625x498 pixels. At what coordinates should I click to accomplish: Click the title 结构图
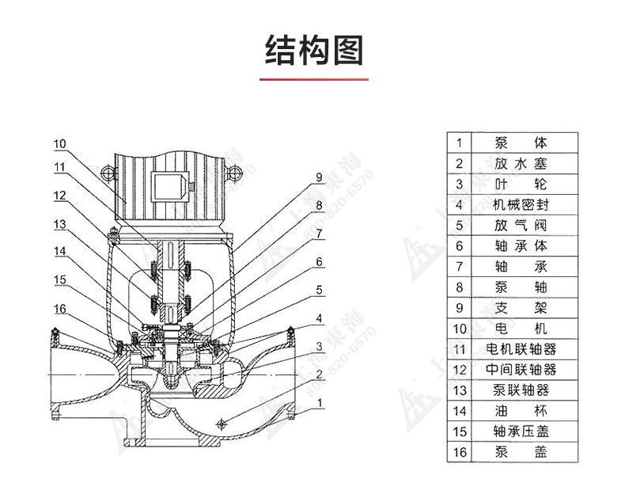[x=314, y=50]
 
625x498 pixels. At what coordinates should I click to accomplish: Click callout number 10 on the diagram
[x=61, y=144]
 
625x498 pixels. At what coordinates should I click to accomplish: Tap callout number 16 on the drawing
[x=61, y=308]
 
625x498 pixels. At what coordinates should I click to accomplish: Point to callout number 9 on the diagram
[x=319, y=177]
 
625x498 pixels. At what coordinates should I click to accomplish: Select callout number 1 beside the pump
[x=319, y=402]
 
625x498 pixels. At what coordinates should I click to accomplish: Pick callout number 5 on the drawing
[x=319, y=291]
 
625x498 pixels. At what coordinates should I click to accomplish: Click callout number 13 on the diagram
[x=61, y=225]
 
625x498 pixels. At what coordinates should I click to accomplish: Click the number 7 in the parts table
[x=458, y=267]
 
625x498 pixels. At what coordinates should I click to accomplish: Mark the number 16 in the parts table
[x=458, y=452]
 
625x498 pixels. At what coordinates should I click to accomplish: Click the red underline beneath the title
[x=314, y=80]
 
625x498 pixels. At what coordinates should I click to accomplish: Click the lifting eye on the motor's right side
[x=234, y=172]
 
